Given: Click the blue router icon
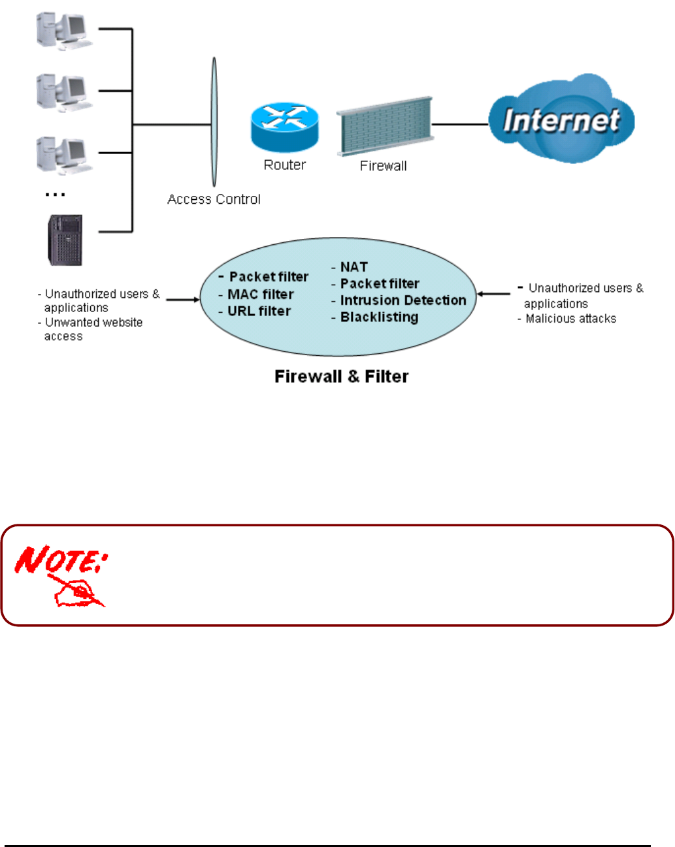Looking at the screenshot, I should coord(284,127).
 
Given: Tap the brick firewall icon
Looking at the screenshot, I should coord(385,127).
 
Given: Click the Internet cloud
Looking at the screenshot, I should coord(562,119).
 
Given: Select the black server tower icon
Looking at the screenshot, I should coord(65,240).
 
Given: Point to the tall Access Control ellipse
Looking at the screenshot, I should coord(214,122).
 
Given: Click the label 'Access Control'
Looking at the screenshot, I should coord(214,199).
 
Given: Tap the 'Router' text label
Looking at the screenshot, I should coord(284,165).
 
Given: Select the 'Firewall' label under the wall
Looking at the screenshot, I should coord(383,166).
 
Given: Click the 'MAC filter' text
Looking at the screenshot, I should coord(260,295).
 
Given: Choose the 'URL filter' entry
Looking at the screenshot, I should coord(259,312).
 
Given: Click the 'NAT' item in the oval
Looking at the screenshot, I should coord(354,267).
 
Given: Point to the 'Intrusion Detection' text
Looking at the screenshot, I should coord(403,300).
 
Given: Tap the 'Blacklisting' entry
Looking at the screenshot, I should coord(379,317).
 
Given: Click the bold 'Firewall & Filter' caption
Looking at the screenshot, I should coord(341,377).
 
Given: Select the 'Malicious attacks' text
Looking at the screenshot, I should coord(570,319).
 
